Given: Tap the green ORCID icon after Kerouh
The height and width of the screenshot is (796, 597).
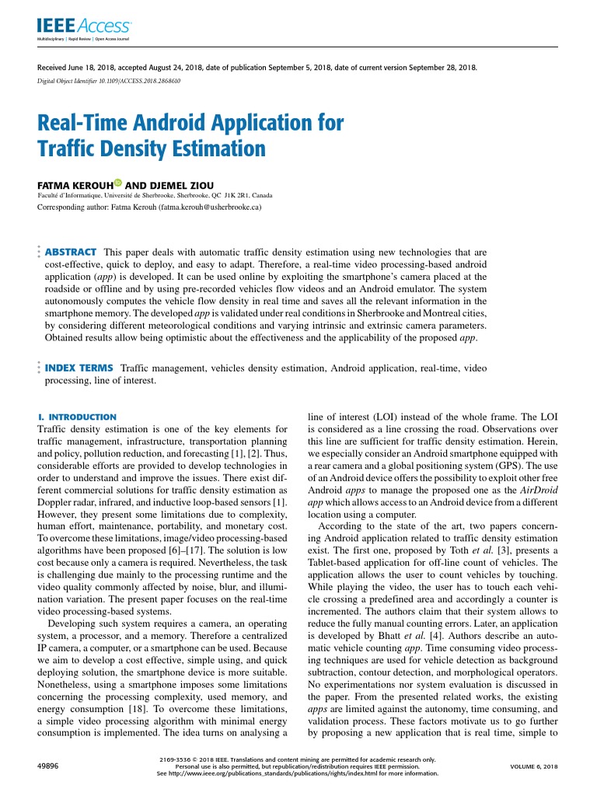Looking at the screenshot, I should (118, 183).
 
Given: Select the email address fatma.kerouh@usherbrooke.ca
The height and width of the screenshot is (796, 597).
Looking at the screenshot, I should (209, 208).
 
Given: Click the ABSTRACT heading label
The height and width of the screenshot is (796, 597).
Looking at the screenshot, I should (71, 253).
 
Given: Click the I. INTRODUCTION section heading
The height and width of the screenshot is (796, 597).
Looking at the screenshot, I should (77, 417).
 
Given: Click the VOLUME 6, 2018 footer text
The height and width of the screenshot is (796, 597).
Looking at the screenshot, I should (533, 766).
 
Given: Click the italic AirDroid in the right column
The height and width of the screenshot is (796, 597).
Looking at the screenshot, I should (536, 491).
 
